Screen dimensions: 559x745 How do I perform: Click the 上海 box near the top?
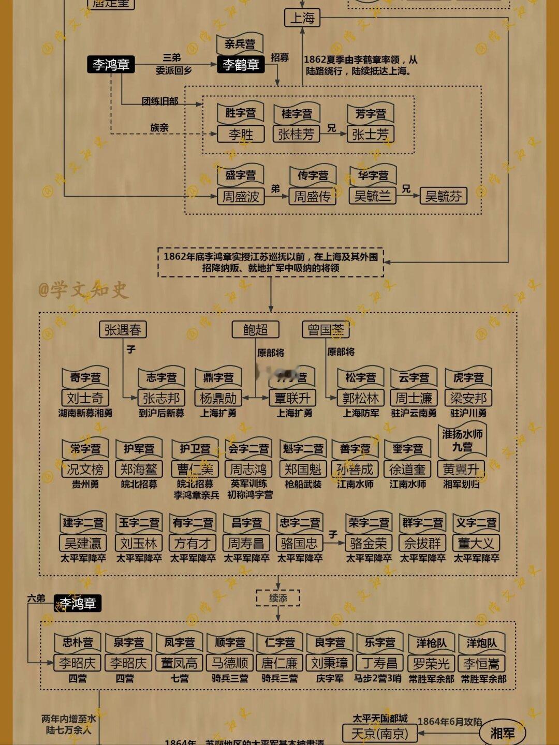(302, 18)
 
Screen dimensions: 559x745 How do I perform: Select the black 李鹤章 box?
(240, 65)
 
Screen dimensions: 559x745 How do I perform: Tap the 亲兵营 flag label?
(239, 45)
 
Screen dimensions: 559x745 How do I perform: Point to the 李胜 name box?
(241, 134)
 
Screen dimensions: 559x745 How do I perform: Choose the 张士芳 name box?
(370, 134)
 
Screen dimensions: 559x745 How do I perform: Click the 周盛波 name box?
(241, 197)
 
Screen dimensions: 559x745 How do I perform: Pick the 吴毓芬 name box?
(443, 196)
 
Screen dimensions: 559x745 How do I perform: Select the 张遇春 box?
(123, 329)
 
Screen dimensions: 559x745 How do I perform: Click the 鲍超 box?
(255, 329)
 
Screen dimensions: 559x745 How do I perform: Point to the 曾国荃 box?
(326, 329)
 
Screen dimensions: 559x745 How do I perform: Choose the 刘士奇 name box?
(85, 398)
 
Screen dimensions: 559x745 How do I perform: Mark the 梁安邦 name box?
(468, 398)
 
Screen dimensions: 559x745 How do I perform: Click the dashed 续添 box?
(278, 598)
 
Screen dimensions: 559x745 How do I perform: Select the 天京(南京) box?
(380, 734)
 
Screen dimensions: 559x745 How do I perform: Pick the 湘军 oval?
(502, 733)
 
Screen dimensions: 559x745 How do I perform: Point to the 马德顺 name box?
(230, 663)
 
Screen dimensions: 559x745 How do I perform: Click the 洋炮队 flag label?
(481, 643)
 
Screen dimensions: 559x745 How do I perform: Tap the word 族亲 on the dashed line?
(159, 127)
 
